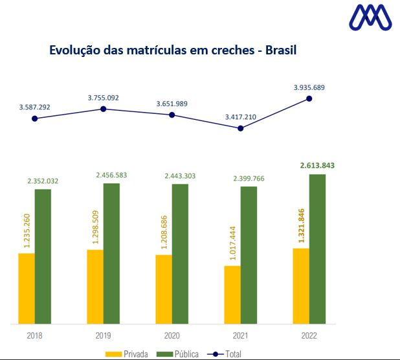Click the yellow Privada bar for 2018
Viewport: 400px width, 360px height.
pos(27,288)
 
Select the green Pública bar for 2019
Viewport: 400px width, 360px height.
pos(111,253)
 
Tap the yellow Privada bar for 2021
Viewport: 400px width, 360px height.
pos(232,294)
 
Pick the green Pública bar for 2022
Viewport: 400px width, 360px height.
pos(317,249)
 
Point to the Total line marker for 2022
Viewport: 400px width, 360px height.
pos(309,98)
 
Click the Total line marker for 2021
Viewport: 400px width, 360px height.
pos(241,128)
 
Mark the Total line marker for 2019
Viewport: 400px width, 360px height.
pos(103,109)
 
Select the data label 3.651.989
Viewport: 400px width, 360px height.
pos(172,104)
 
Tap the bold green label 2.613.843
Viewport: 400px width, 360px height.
pos(317,166)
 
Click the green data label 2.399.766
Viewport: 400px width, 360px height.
pos(249,178)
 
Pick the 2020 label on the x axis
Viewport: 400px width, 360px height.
pos(172,337)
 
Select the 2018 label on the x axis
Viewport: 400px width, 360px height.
pos(35,337)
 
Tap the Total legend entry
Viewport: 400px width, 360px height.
pos(229,354)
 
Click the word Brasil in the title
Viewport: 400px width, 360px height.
pos(276,50)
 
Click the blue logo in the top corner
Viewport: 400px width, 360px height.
pos(370,18)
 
